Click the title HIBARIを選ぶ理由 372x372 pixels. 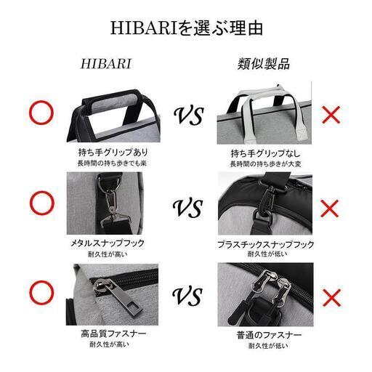pos(186,28)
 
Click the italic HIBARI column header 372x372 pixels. pos(106,63)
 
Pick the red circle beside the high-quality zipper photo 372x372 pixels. pos(41,294)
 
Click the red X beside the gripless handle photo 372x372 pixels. pos(331,114)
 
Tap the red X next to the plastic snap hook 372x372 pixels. pos(331,209)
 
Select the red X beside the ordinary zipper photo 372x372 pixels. pos(331,296)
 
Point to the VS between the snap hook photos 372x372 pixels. pos(187,209)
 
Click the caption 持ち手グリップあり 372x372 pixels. pos(113,153)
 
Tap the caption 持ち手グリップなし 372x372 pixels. pos(259,153)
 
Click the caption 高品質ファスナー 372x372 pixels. pos(113,334)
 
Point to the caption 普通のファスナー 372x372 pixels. pos(259,334)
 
